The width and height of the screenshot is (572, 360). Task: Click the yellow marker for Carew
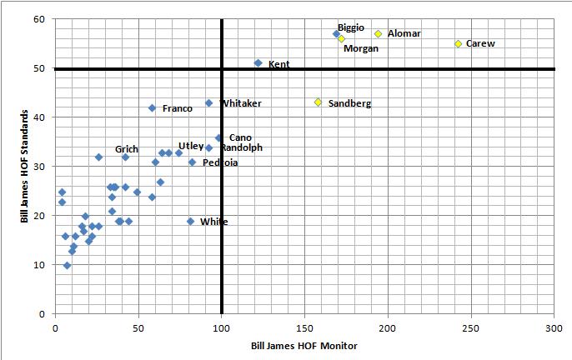458,43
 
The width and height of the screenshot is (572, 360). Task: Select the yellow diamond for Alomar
378,34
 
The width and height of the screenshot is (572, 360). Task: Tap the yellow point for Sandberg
318,102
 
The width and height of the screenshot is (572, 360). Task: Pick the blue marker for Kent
258,63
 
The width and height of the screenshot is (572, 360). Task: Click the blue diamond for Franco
152,108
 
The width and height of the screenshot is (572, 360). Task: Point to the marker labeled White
190,222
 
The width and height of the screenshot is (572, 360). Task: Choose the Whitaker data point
208,103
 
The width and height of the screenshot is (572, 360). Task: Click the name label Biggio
351,27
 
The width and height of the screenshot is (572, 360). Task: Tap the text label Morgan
361,48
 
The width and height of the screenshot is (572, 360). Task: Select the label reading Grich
127,149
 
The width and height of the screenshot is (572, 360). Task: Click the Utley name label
191,146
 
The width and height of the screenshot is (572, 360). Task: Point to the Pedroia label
220,162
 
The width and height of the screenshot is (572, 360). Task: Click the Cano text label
240,137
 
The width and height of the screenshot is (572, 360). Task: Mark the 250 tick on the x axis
471,328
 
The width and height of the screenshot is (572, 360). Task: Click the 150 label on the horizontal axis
304,328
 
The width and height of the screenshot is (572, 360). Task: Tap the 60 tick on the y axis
40,19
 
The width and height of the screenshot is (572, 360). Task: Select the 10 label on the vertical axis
40,265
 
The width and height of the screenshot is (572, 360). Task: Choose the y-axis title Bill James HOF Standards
26,167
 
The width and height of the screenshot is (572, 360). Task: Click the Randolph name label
242,147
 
